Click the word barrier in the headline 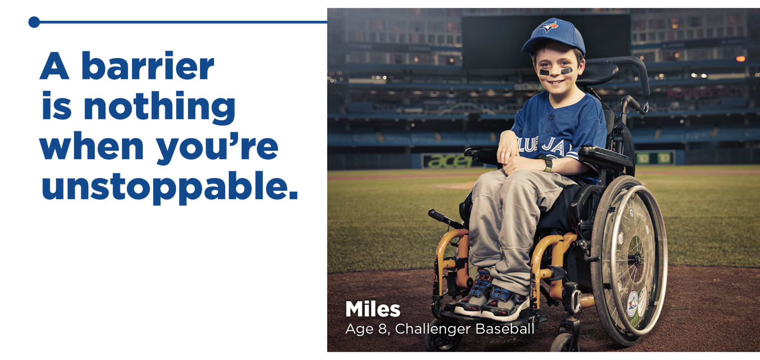148,66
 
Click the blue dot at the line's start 34,22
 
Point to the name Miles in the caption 373,309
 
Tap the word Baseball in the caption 505,329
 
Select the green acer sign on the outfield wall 447,161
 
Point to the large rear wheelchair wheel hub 635,258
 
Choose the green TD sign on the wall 654,158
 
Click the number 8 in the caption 382,329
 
